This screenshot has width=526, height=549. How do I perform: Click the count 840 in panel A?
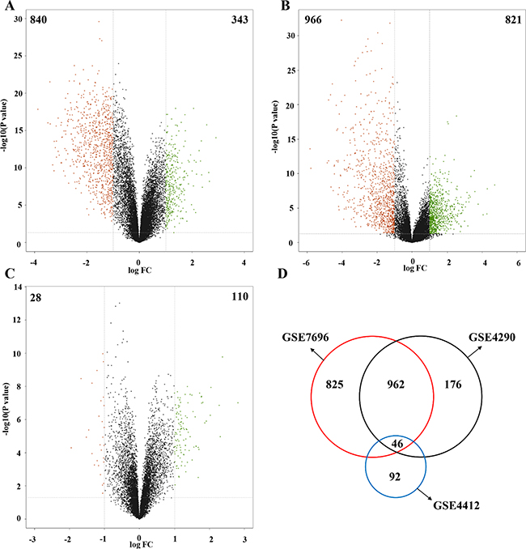click(x=39, y=19)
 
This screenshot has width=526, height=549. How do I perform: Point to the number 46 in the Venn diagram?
click(x=396, y=444)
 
